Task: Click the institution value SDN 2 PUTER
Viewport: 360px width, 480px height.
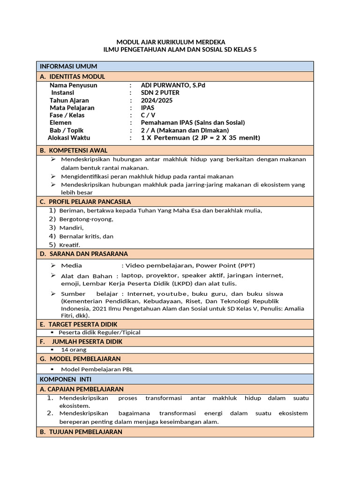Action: click(x=160, y=93)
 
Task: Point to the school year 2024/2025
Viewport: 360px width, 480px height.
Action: click(x=157, y=100)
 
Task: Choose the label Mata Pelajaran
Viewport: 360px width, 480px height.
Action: click(x=72, y=108)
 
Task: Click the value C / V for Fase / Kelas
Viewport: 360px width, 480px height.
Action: click(x=149, y=115)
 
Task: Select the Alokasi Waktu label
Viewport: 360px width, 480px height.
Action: click(x=69, y=138)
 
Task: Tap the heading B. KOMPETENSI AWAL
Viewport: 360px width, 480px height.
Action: click(x=74, y=150)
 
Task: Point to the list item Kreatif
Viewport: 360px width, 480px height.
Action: click(x=70, y=245)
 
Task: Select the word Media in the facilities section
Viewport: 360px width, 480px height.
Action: click(x=71, y=265)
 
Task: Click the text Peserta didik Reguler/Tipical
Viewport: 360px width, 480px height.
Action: click(x=99, y=332)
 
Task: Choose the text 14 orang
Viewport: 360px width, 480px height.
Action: click(x=74, y=350)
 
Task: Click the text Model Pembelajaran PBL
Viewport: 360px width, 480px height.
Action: click(x=97, y=369)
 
